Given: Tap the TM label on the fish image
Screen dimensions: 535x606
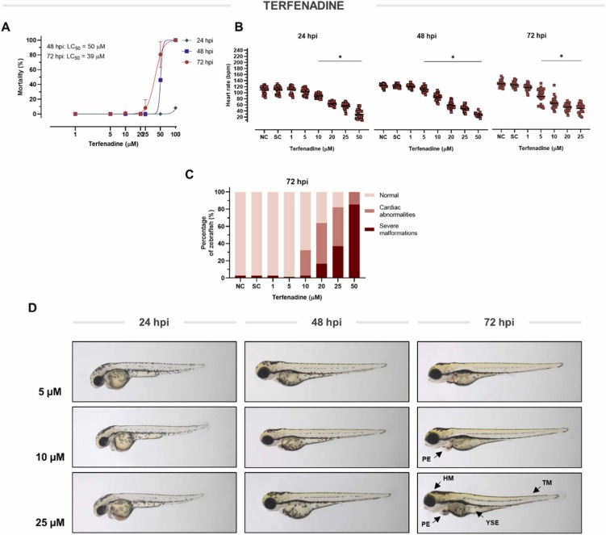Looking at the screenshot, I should [x=546, y=482].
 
